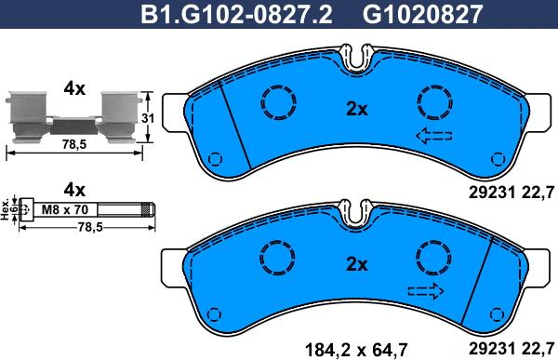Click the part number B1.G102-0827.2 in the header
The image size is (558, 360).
click(x=237, y=14)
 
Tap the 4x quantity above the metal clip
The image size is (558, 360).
click(x=73, y=89)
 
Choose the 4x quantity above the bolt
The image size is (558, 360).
click(x=73, y=188)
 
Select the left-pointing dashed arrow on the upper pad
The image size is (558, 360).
click(x=434, y=138)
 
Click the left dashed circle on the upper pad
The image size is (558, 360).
click(x=276, y=100)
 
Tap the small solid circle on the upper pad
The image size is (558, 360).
click(x=217, y=156)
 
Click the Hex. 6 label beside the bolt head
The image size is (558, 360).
click(x=10, y=207)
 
